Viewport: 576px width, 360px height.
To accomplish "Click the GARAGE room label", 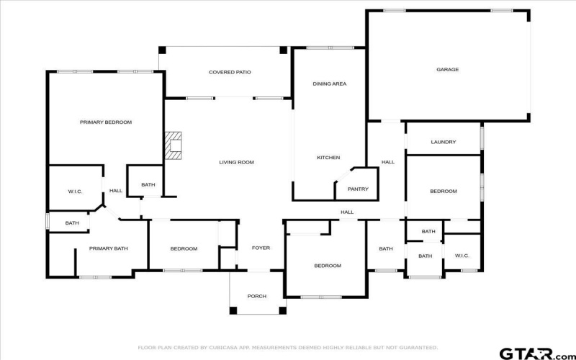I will pyautogui.click(x=447, y=70).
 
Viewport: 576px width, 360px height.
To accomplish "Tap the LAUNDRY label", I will pyautogui.click(x=444, y=142).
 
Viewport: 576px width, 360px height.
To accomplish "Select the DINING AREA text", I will pyautogui.click(x=329, y=84).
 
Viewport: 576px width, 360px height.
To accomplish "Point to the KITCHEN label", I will pyautogui.click(x=328, y=158).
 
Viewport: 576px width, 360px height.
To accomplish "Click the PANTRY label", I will pyautogui.click(x=358, y=189).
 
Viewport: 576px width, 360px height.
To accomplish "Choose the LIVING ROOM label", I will pyautogui.click(x=236, y=162).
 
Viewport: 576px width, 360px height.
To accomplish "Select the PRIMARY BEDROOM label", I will pyautogui.click(x=105, y=122).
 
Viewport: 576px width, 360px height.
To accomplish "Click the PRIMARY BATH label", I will pyautogui.click(x=108, y=248).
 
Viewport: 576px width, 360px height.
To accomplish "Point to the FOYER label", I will pyautogui.click(x=261, y=248).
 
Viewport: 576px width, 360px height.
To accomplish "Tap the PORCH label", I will pyautogui.click(x=257, y=296).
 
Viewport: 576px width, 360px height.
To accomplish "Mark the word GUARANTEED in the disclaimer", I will pyautogui.click(x=418, y=348).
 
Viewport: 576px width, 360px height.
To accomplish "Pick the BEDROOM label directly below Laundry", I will pyautogui.click(x=444, y=191).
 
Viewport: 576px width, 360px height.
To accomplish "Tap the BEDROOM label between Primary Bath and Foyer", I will pyautogui.click(x=184, y=249).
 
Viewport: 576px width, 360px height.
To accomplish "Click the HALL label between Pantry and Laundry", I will pyautogui.click(x=388, y=162).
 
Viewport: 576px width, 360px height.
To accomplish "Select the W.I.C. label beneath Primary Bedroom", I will pyautogui.click(x=75, y=192).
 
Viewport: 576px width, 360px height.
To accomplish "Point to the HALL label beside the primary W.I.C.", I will pyautogui.click(x=115, y=191).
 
